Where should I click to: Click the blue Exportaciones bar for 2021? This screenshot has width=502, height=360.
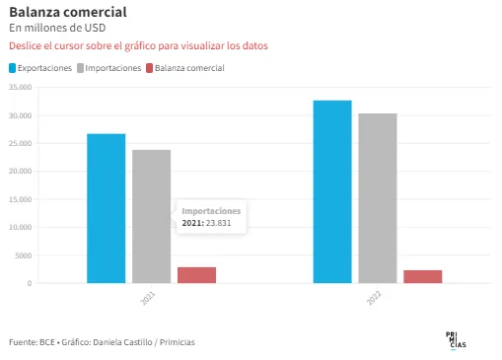107,208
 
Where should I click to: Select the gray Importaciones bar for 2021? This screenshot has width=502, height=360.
152,216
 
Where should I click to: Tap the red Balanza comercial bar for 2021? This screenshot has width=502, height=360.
196,275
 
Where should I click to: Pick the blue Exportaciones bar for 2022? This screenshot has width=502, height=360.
332,191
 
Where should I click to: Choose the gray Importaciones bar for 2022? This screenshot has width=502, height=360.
378,198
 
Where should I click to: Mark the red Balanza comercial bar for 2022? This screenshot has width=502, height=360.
423,276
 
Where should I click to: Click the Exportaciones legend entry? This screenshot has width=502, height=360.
40,68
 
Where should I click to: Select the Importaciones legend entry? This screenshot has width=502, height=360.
109,68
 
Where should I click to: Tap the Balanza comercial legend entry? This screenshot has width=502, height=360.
185,68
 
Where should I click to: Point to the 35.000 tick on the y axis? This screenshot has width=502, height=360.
21,87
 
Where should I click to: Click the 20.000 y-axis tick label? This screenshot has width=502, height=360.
21,171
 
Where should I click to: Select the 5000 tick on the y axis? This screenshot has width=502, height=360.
24,255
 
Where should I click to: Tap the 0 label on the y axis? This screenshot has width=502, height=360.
30,283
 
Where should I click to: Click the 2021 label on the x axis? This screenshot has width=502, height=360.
148,298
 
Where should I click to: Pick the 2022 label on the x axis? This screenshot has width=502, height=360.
374,298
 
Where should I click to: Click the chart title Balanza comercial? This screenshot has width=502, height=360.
68,12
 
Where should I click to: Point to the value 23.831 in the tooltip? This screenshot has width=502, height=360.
219,223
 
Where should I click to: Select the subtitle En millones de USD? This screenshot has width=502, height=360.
57,28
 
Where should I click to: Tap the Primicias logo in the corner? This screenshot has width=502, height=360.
456,340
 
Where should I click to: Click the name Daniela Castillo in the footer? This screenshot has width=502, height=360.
122,342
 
